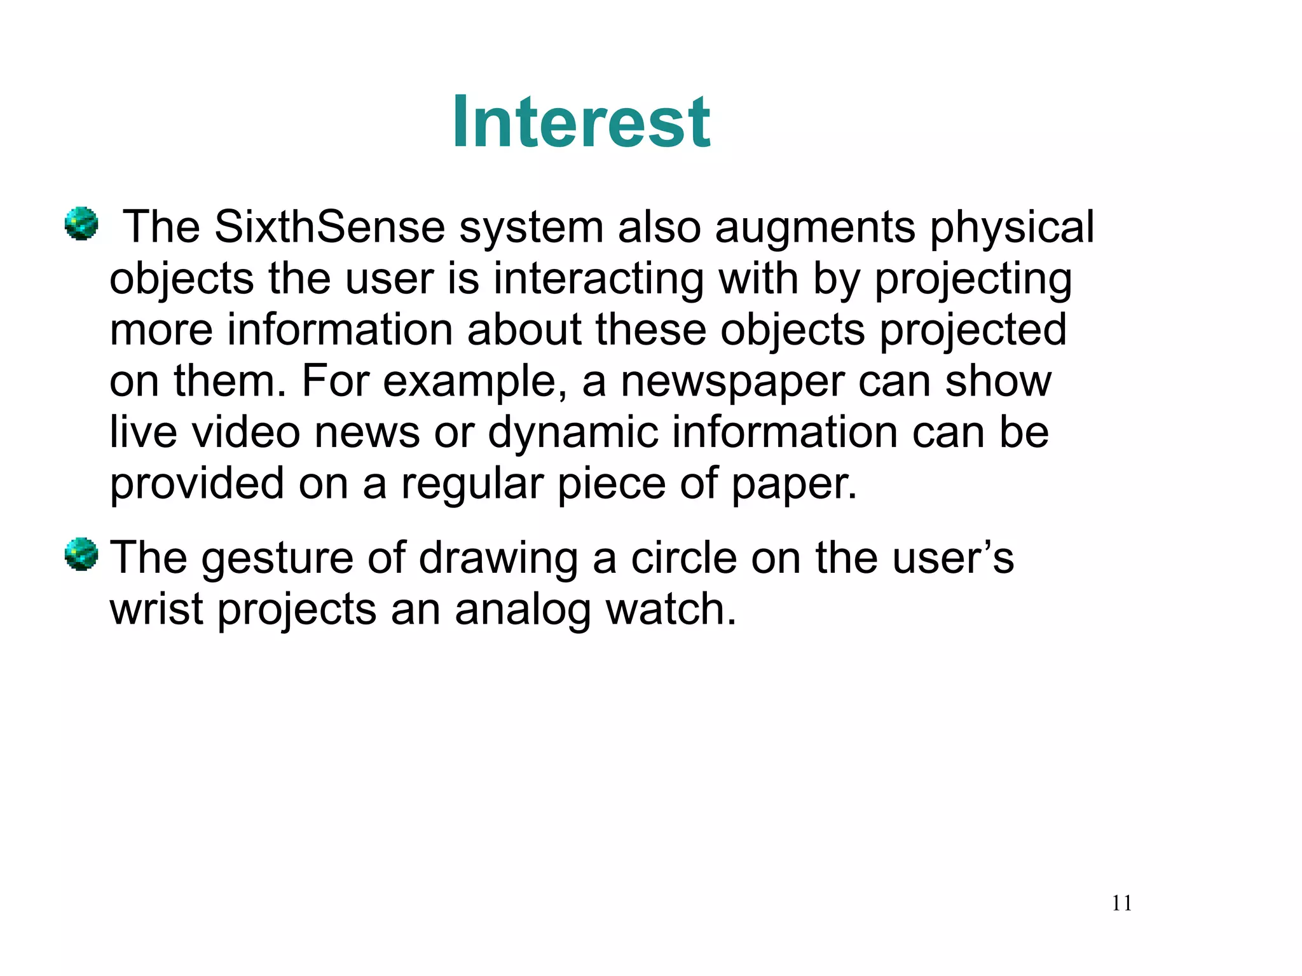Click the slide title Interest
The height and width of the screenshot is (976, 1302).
pos(581,122)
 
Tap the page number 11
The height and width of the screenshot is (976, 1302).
pos(1121,903)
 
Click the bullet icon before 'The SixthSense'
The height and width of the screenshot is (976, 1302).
pos(81,224)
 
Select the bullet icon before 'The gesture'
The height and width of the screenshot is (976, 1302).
pos(81,554)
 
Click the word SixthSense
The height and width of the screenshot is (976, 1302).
pos(329,227)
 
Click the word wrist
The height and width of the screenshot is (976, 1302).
pos(156,609)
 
